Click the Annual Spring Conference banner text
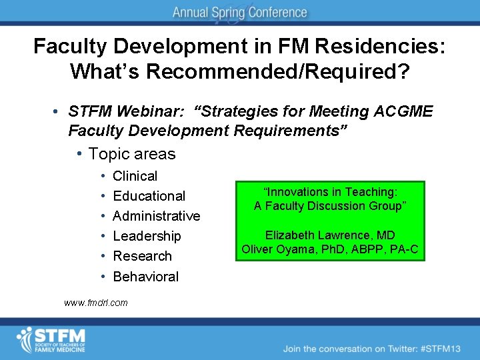[240, 13]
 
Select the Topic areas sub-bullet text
[131, 154]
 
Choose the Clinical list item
[135, 176]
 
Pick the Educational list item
[149, 196]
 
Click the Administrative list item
[156, 216]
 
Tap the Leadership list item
[147, 236]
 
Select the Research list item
[142, 256]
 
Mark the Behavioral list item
[145, 276]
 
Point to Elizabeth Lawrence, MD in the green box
[329, 235]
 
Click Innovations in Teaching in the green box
[329, 192]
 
